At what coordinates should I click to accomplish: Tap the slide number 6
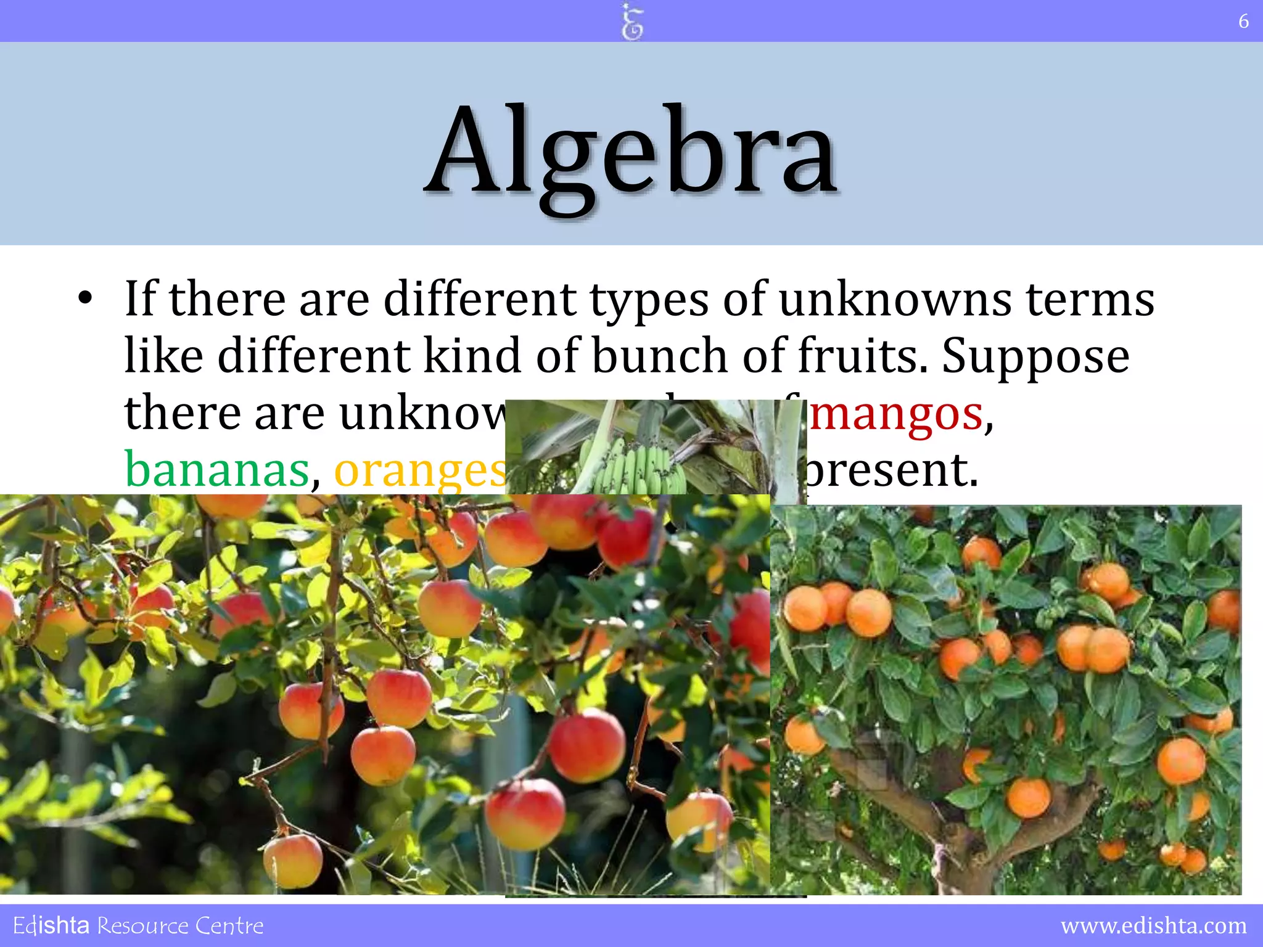tap(1243, 22)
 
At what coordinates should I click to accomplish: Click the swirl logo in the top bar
tap(631, 22)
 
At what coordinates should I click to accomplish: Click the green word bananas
tap(216, 470)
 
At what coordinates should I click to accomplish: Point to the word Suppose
tap(1035, 356)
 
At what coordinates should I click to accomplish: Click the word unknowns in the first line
tap(895, 300)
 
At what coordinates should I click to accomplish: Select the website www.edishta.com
tap(1153, 925)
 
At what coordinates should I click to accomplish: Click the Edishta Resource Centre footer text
tap(138, 925)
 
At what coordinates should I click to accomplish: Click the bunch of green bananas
tap(629, 465)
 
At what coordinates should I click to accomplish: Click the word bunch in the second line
tap(659, 356)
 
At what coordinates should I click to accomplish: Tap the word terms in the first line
tap(1090, 300)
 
